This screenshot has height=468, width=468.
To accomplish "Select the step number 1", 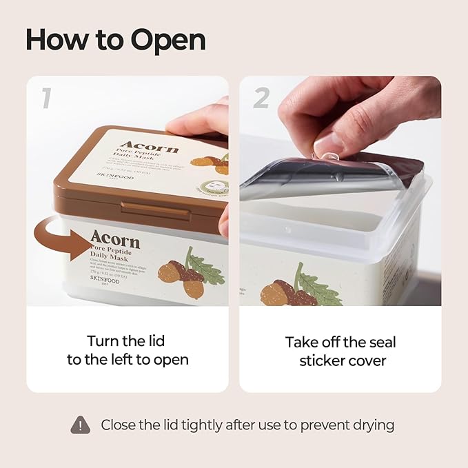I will tap(45, 99).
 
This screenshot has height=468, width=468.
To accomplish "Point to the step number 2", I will tap(261, 99).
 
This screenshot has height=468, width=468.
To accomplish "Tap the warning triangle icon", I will tap(81, 425).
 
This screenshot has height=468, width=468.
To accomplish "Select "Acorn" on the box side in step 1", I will tap(114, 240).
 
